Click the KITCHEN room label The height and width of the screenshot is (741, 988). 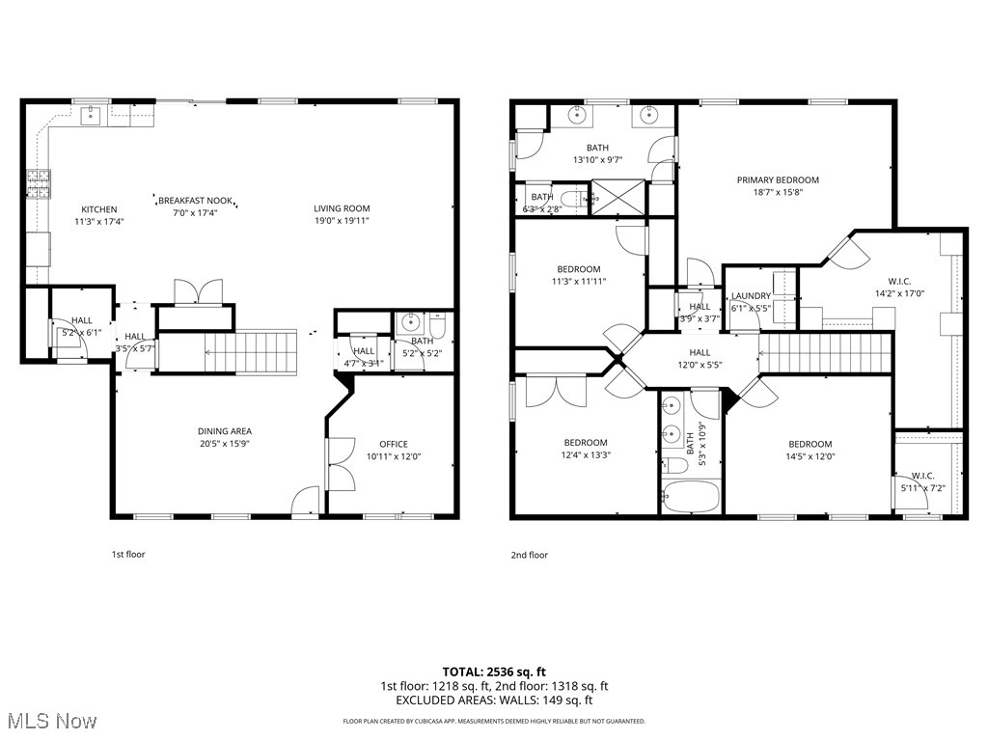point(98,209)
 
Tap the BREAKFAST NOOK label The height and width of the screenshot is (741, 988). point(195,200)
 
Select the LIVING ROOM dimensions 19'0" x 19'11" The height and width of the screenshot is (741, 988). point(342,221)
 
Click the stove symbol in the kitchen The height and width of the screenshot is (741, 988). point(38,183)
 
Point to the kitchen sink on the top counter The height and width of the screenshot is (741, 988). point(92,116)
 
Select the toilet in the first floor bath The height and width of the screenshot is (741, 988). point(436,328)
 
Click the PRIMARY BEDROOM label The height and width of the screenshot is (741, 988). point(778,179)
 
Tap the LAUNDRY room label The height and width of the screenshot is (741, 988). point(750,296)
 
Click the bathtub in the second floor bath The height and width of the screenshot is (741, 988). point(691,497)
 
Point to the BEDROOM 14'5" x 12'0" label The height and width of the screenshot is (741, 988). point(810,444)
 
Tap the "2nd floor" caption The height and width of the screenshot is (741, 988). point(529,555)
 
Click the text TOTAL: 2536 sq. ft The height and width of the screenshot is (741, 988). point(494,671)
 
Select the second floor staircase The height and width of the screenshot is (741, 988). point(824,352)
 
